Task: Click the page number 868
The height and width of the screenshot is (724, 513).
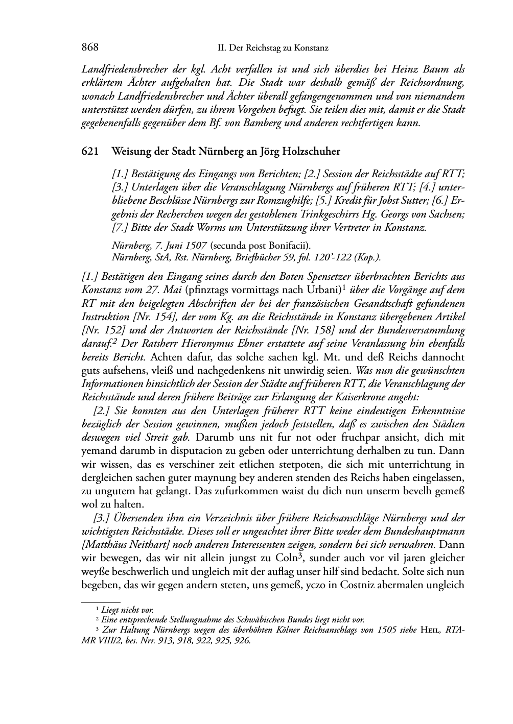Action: coord(90,48)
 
